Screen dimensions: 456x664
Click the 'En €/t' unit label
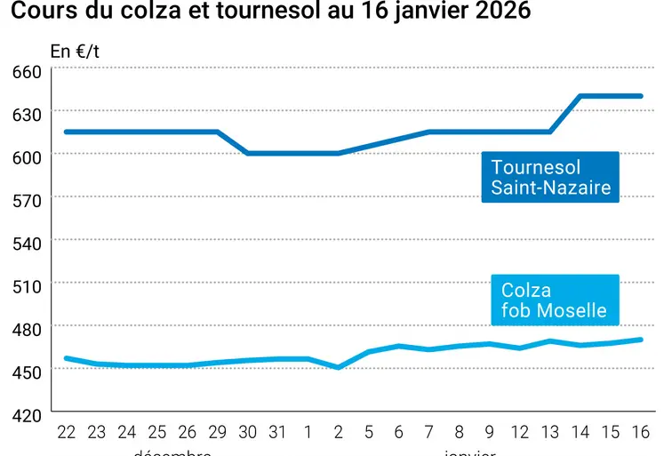point(75,52)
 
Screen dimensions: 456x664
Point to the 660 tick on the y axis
point(27,71)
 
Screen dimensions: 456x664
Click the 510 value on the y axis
point(27,286)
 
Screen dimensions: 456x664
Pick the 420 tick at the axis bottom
point(27,415)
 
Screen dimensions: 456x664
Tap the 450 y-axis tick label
point(27,372)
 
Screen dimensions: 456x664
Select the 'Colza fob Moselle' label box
point(554,300)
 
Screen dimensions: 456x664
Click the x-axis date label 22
point(66,432)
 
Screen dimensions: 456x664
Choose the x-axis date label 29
point(218,432)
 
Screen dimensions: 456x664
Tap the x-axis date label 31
point(278,432)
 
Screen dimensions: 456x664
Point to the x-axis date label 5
point(368,432)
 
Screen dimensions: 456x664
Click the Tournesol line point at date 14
point(580,96)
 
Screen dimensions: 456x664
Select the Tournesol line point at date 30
point(248,153)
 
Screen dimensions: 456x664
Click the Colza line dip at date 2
point(338,367)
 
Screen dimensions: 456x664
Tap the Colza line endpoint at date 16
point(640,340)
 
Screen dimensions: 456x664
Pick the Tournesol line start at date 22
point(66,132)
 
